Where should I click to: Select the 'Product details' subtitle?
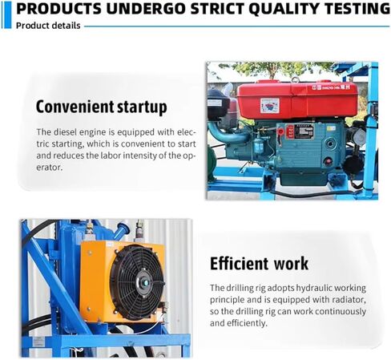click(x=48, y=26)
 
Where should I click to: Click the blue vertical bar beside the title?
click(x=8, y=14)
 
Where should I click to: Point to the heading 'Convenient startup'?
click(x=102, y=107)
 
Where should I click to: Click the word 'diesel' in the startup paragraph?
click(x=65, y=132)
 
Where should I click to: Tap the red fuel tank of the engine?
click(x=297, y=99)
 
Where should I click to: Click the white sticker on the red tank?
click(x=270, y=105)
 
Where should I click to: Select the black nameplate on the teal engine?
click(x=304, y=131)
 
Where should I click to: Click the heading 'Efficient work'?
click(x=259, y=264)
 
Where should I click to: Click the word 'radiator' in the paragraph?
click(x=348, y=300)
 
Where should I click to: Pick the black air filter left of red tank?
click(x=218, y=104)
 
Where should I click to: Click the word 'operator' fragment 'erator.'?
click(x=49, y=168)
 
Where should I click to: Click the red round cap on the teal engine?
click(x=328, y=162)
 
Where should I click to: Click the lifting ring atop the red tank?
click(x=295, y=79)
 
